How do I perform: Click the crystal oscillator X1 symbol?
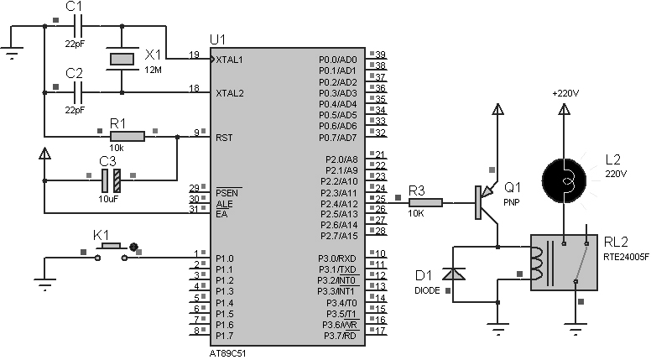point(122,59)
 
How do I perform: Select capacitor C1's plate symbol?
point(78,26)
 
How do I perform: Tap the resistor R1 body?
point(128,136)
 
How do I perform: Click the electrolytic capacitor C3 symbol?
point(112,180)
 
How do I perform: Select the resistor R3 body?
point(425,202)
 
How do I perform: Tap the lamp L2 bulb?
point(564,180)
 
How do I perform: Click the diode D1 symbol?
point(453,274)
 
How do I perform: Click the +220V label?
point(565,93)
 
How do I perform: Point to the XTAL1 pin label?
point(230,60)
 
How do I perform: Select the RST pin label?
point(224,138)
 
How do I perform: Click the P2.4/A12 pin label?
point(339,204)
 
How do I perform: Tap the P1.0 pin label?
point(225,258)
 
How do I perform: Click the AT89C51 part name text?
point(228,353)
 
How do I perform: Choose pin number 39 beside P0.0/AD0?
point(380,55)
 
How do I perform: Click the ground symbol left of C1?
point(12,53)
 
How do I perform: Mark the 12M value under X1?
point(154,70)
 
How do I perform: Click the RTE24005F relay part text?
point(626,257)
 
